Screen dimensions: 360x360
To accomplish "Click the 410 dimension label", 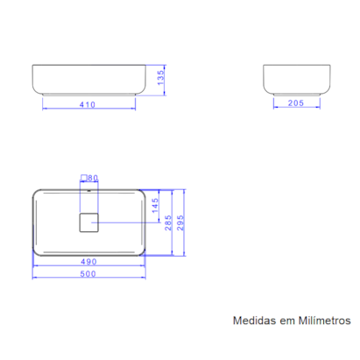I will tap(87, 104).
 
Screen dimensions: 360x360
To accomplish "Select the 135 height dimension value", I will tap(160, 80).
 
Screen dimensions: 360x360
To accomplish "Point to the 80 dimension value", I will tap(94, 177).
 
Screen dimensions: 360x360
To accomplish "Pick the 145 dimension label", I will tap(155, 206).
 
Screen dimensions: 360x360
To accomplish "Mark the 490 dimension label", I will tap(87, 261).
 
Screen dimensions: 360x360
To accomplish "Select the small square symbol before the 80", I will tap(83, 177).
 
